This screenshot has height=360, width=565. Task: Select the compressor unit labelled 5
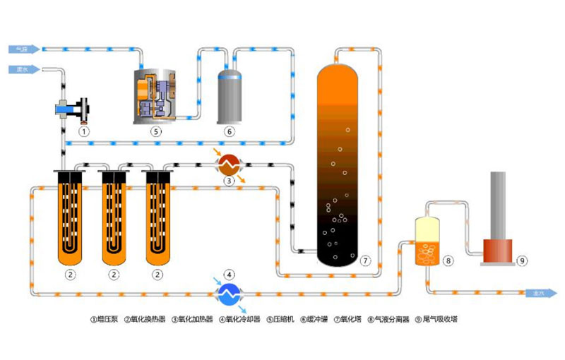[155, 95]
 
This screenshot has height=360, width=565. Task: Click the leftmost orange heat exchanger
[70, 215]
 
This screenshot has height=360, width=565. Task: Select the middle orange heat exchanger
[115, 215]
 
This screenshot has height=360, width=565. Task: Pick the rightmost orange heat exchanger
[158, 215]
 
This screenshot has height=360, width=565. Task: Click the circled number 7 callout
[365, 260]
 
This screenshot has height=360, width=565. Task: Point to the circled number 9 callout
[522, 260]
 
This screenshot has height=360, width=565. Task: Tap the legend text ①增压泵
[105, 318]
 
